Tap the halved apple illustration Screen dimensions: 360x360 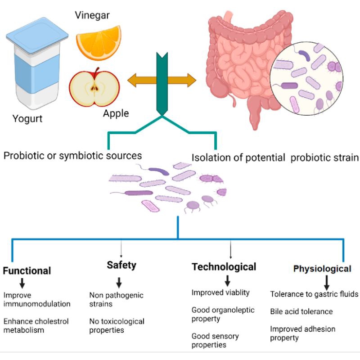[x=94, y=86]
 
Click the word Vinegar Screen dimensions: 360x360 [x=92, y=16]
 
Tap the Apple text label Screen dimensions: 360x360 [x=116, y=113]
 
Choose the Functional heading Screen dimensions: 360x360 [x=27, y=271]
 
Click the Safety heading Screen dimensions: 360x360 [x=121, y=265]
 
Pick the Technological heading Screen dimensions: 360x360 [x=224, y=267]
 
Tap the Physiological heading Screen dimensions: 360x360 [x=322, y=269]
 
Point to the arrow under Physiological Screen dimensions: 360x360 [x=327, y=282]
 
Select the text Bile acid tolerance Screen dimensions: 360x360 [x=301, y=311]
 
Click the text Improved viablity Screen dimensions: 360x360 [x=220, y=292]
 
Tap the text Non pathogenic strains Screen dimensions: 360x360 [x=116, y=300]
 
